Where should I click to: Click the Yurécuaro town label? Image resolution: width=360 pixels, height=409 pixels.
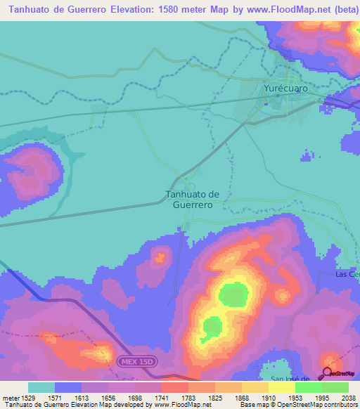(286, 89)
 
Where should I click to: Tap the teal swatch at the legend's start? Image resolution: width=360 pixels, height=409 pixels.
(41, 387)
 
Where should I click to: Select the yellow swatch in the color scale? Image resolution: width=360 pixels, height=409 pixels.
(281, 387)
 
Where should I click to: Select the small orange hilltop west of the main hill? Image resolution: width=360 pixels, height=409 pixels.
(160, 257)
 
